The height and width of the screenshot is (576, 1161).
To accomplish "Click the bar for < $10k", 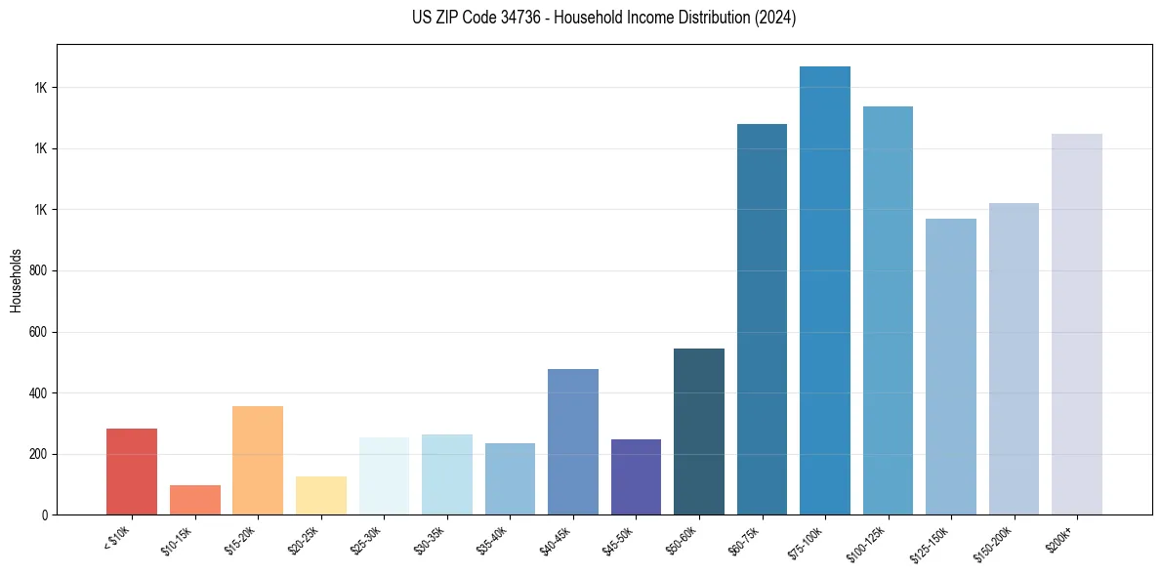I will pyautogui.click(x=132, y=472).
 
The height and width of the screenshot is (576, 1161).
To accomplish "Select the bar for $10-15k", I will pyautogui.click(x=194, y=500).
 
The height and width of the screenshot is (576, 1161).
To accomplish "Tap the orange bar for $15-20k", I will pyautogui.click(x=258, y=460).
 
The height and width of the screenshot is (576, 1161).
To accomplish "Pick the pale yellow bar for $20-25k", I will pyautogui.click(x=320, y=495).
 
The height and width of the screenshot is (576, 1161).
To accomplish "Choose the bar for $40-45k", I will pyautogui.click(x=572, y=441).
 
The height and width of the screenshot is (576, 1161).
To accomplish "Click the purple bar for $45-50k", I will pyautogui.click(x=636, y=476).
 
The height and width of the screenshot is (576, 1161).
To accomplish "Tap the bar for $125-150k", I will pyautogui.click(x=951, y=366).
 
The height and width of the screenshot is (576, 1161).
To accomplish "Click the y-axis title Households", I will pyautogui.click(x=16, y=279).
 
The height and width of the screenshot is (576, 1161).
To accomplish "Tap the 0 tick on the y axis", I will pyautogui.click(x=45, y=515).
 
